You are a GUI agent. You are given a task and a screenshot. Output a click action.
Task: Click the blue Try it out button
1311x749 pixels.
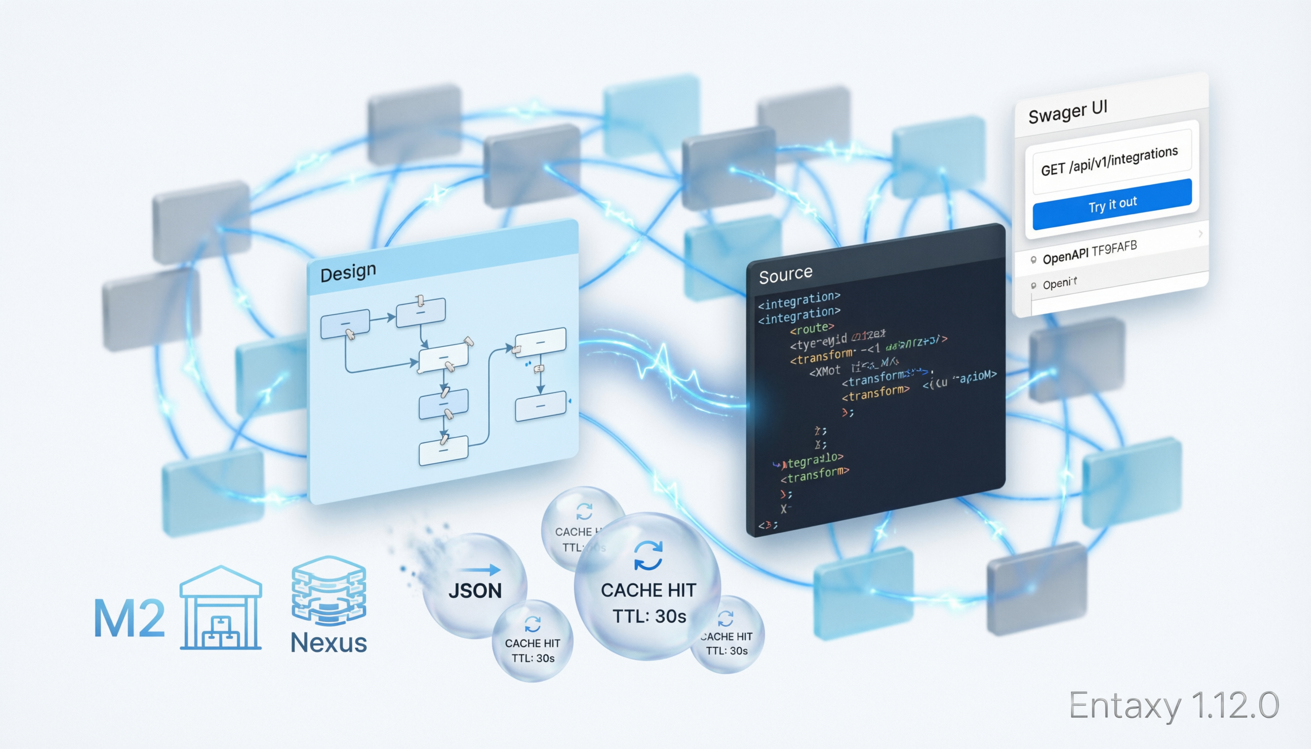1112,204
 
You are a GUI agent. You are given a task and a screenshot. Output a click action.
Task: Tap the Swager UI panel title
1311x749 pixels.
1067,112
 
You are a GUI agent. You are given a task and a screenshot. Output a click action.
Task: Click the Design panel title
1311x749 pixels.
348,272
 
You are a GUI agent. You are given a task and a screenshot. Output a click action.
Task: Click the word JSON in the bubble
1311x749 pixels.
475,591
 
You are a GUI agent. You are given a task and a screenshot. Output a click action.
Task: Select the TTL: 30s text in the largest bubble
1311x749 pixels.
649,616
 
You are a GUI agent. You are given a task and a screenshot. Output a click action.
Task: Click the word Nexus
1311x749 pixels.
329,643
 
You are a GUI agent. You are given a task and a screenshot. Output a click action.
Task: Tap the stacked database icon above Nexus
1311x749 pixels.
329,590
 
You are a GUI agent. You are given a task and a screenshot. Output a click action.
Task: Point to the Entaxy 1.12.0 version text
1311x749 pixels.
1173,705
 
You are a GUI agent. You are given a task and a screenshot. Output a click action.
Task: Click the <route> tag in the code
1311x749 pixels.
812,328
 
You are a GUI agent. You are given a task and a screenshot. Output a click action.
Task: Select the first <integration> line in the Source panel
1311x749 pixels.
798,300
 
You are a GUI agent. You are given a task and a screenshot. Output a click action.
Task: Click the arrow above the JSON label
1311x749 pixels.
480,570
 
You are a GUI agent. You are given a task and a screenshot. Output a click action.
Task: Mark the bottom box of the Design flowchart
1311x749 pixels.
443,450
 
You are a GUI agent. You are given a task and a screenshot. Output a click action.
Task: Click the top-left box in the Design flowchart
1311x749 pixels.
345,324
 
